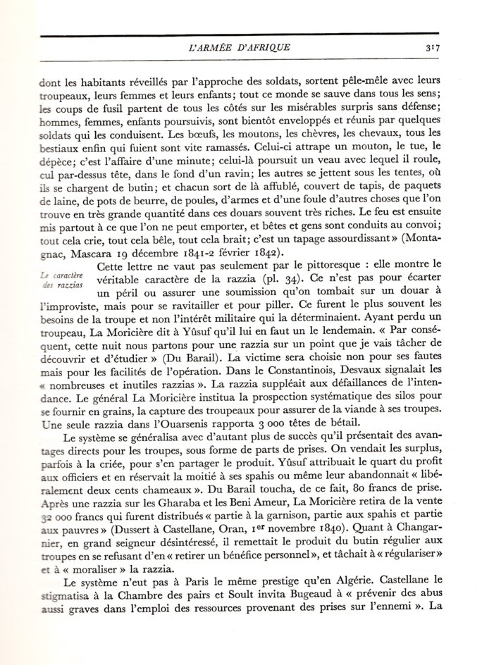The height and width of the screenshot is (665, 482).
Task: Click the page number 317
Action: pyautogui.click(x=432, y=48)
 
